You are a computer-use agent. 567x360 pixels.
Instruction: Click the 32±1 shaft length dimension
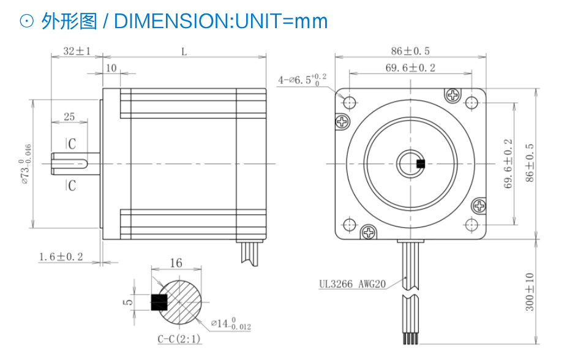(x=77, y=51)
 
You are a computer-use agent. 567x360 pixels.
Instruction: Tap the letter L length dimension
(x=184, y=52)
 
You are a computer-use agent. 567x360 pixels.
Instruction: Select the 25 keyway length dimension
(x=69, y=116)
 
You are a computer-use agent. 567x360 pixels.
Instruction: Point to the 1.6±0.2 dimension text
(x=61, y=257)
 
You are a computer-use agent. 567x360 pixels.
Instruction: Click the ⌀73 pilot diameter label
(x=26, y=163)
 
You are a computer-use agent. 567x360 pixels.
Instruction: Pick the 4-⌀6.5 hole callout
(x=302, y=79)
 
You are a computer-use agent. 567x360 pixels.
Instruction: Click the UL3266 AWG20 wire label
(x=352, y=284)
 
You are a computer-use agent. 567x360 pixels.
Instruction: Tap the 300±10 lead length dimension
(x=530, y=291)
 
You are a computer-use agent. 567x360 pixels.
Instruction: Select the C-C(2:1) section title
(x=179, y=339)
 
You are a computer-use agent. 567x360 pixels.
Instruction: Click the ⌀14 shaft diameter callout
(x=231, y=323)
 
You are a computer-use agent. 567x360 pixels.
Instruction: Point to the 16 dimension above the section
(x=176, y=263)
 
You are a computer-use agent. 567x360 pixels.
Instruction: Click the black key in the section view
(x=159, y=302)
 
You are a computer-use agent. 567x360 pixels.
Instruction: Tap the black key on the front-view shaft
(x=421, y=163)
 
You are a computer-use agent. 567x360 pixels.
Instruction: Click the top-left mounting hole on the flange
(x=349, y=103)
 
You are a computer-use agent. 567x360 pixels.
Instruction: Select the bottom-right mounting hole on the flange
(x=471, y=225)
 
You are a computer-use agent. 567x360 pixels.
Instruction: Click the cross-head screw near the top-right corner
(x=452, y=96)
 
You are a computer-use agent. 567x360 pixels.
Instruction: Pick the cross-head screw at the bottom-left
(x=369, y=232)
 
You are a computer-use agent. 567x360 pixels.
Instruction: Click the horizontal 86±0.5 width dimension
(x=410, y=51)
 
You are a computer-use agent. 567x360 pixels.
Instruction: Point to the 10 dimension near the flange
(x=111, y=68)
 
